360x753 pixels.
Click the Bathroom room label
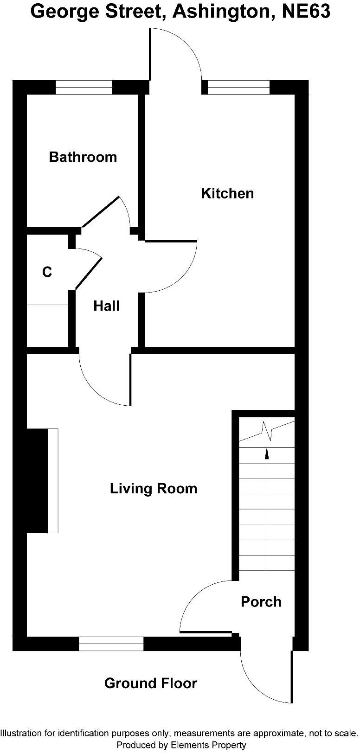[83, 157]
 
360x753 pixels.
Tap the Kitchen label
[227, 193]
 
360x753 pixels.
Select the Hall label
[106, 306]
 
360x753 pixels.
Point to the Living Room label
[153, 489]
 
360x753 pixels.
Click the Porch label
[261, 602]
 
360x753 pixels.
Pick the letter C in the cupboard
[47, 272]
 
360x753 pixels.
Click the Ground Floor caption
[150, 683]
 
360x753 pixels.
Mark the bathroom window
[84, 87]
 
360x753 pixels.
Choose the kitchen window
[238, 87]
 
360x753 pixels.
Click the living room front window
[111, 644]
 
